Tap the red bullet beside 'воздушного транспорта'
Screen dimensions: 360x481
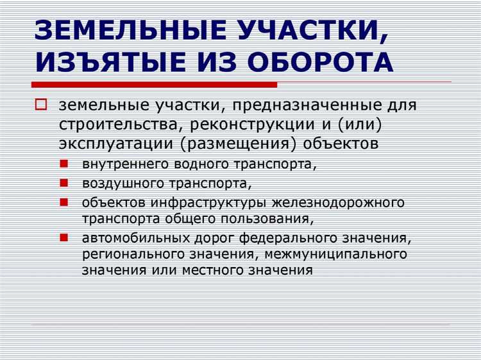65,182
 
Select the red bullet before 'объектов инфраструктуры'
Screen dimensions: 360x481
65,201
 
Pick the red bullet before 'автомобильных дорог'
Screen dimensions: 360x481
65,237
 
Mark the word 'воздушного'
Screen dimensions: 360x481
115,184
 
